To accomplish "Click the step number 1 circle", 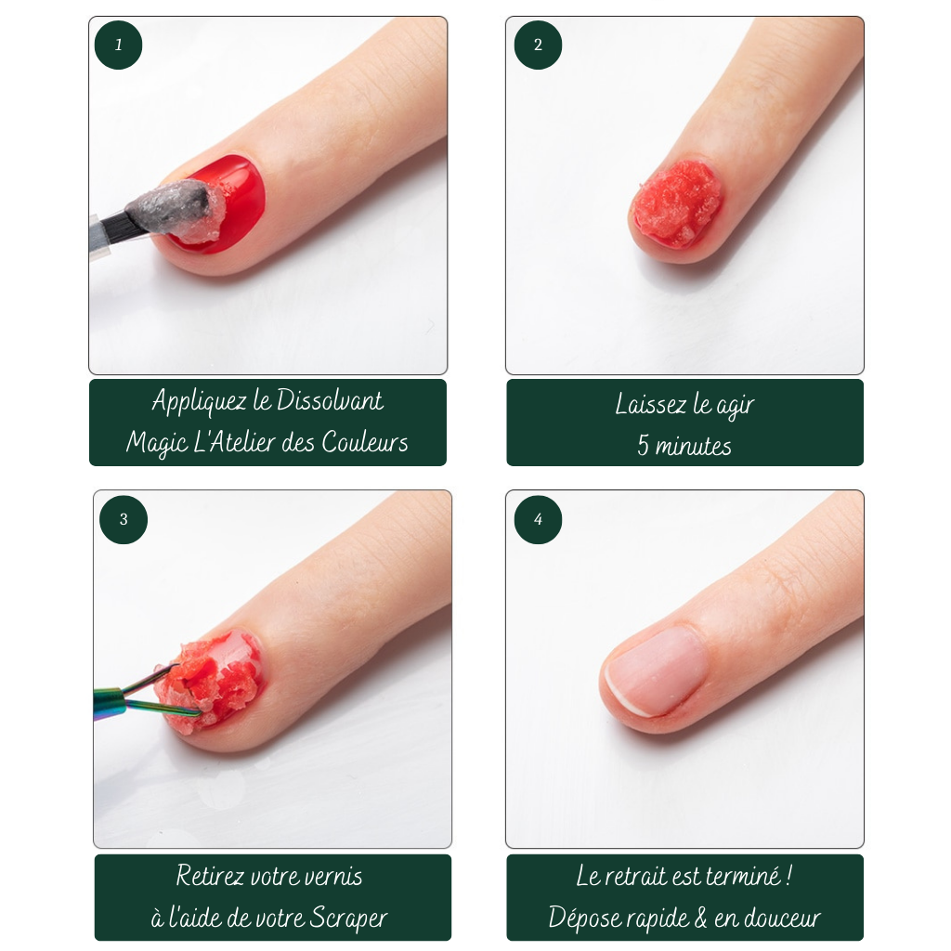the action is pyautogui.click(x=118, y=45).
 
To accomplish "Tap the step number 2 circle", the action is pyautogui.click(x=538, y=45).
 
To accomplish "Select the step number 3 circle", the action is pyautogui.click(x=124, y=520).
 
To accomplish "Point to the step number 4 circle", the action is pyautogui.click(x=538, y=520).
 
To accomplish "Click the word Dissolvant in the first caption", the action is pyautogui.click(x=330, y=400).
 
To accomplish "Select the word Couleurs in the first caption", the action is pyautogui.click(x=365, y=441).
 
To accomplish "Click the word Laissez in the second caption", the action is pyautogui.click(x=651, y=404).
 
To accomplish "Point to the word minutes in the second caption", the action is pyautogui.click(x=693, y=447).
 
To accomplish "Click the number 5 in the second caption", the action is pyautogui.click(x=644, y=446).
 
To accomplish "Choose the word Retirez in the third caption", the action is pyautogui.click(x=210, y=876).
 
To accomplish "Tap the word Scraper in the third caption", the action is pyautogui.click(x=348, y=918).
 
